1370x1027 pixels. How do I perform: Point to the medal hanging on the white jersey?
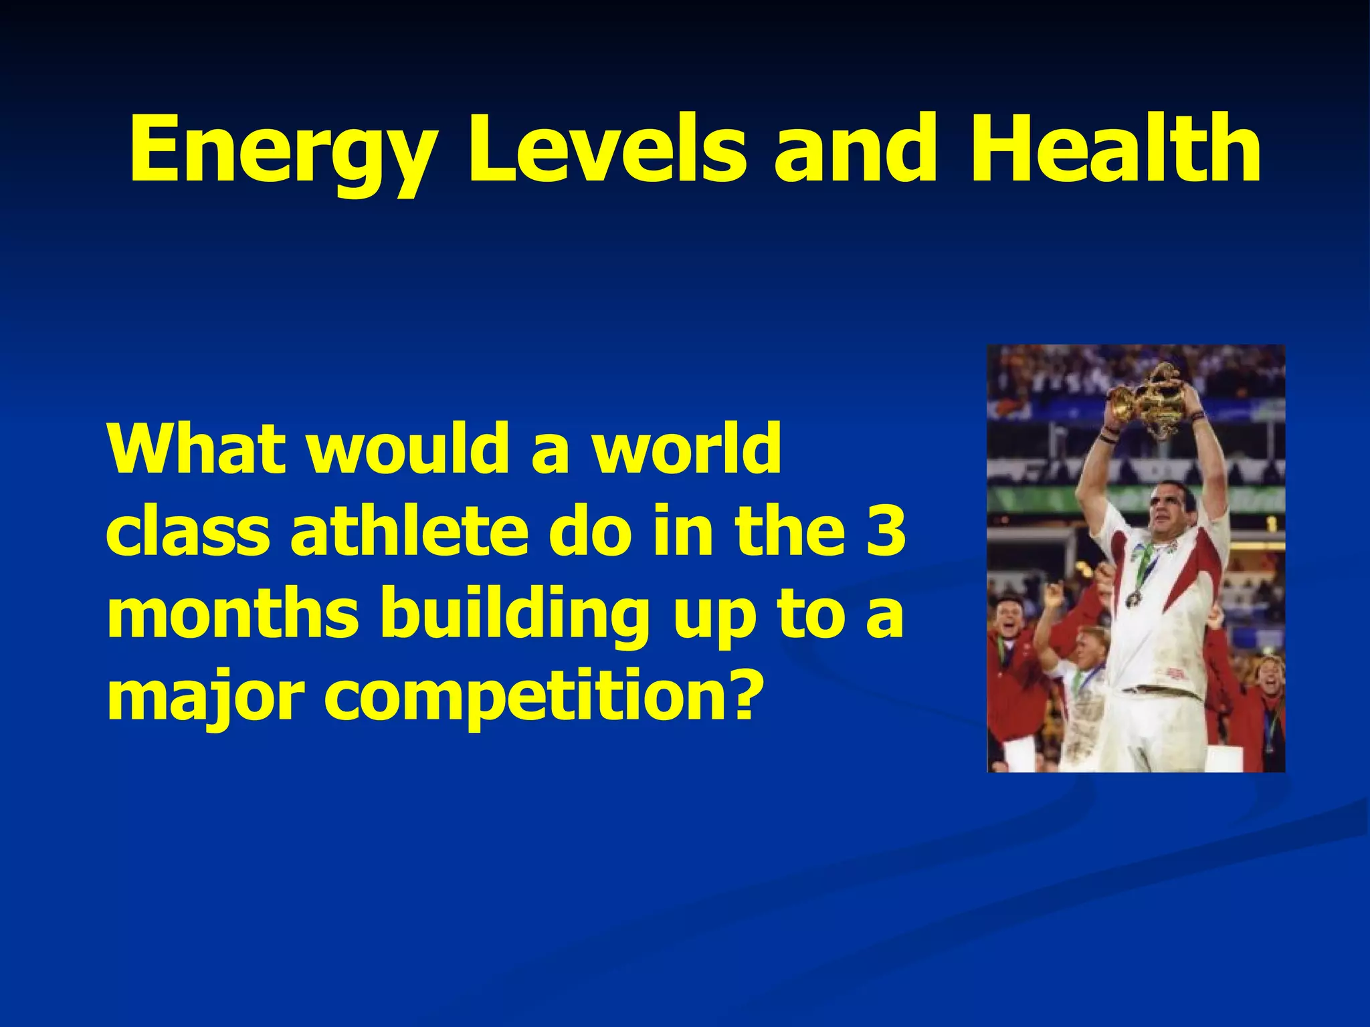click(1132, 598)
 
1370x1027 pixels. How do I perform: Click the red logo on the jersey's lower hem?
click(1175, 672)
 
